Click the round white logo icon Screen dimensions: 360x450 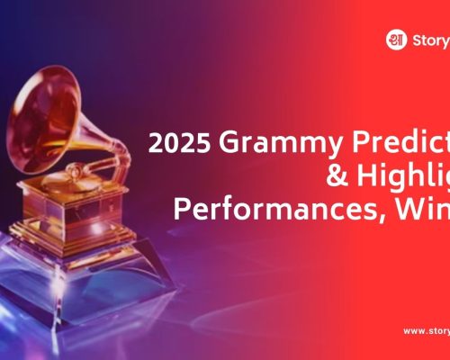[394, 40]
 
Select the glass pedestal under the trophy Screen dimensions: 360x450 [90, 270]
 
